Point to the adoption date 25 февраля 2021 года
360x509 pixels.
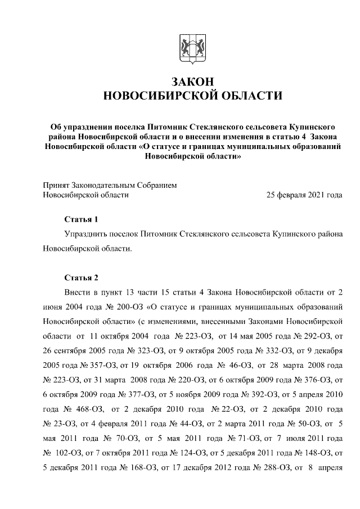(x=304, y=195)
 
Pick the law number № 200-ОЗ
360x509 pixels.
(x=125, y=308)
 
